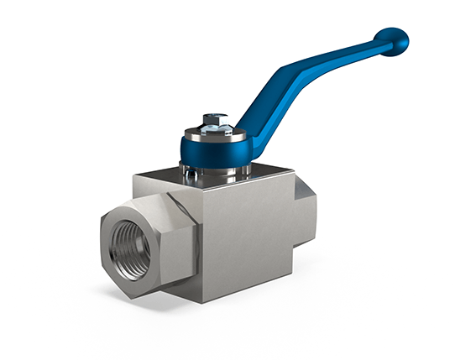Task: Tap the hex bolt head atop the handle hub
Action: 215,119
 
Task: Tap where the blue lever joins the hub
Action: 243,134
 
